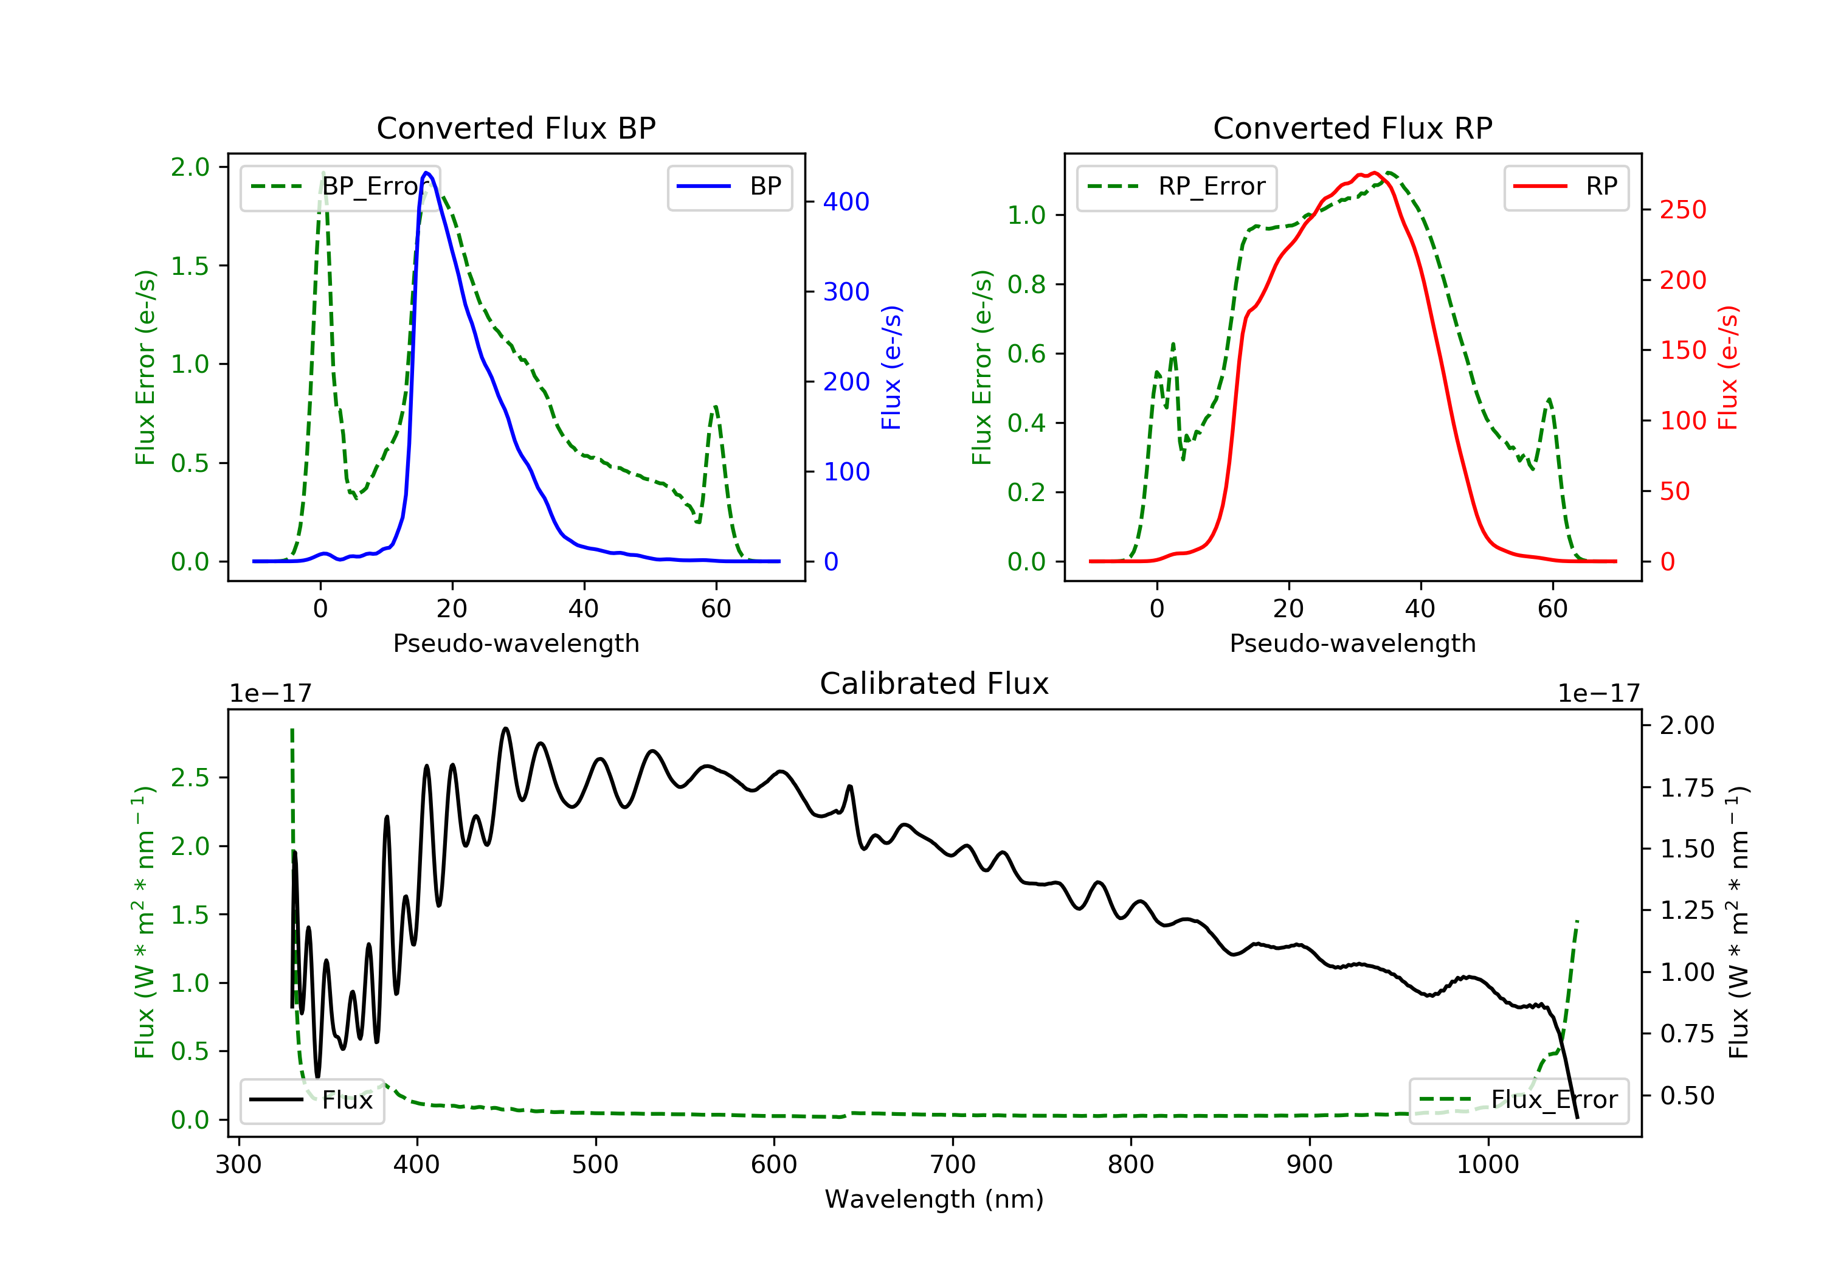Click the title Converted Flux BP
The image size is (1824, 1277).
516,128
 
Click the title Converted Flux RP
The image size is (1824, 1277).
1352,128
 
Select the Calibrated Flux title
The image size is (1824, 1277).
934,683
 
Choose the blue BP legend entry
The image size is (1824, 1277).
729,187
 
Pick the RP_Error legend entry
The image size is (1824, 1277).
1176,187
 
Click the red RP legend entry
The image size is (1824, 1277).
1565,187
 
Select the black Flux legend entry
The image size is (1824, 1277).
311,1100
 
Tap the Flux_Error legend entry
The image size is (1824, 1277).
1518,1100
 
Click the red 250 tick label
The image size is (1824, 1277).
1682,210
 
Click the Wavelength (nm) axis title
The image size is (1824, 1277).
934,1199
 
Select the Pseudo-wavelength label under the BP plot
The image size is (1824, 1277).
516,643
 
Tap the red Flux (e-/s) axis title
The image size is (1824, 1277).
1729,367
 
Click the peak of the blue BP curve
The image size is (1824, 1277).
427,173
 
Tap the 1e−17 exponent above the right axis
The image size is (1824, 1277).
1598,694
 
